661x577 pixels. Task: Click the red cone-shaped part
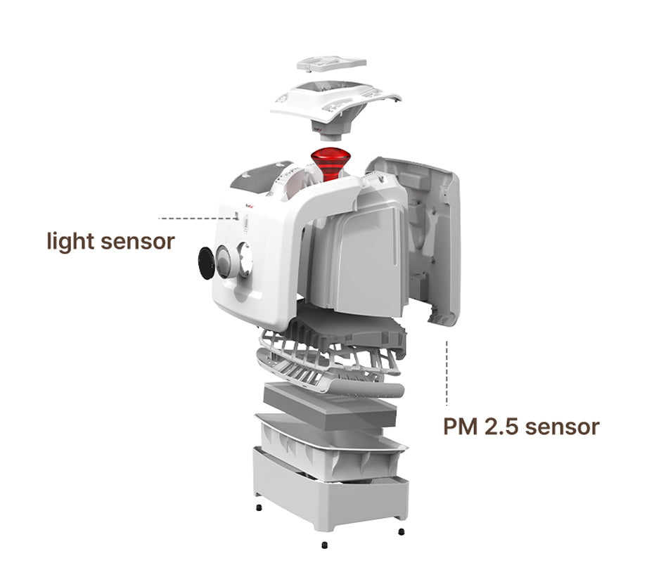point(328,163)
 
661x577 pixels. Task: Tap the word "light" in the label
point(70,242)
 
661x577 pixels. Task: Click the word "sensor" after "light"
point(138,242)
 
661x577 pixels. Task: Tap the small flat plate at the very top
point(331,63)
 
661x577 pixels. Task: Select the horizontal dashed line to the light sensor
point(196,219)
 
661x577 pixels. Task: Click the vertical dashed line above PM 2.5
point(447,372)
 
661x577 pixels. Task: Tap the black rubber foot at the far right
point(401,531)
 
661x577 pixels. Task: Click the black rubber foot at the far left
point(259,508)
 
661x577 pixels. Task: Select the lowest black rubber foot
point(323,545)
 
